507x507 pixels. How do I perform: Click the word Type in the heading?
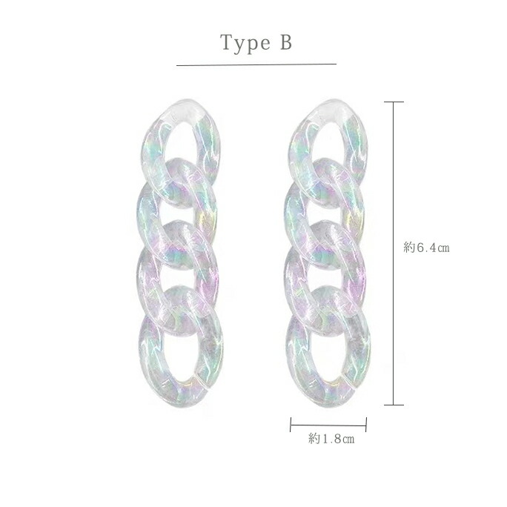(245, 43)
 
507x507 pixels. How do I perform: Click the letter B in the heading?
(286, 42)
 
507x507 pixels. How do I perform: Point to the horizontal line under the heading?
(256, 64)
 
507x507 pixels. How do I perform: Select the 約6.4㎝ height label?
(426, 248)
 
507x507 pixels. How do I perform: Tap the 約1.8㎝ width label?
(331, 439)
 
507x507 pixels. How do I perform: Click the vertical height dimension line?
(394, 253)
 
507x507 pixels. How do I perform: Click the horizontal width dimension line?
(328, 425)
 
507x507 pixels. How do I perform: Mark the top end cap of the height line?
(394, 102)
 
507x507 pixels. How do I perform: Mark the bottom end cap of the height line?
(394, 405)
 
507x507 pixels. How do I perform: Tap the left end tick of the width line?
(291, 425)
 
